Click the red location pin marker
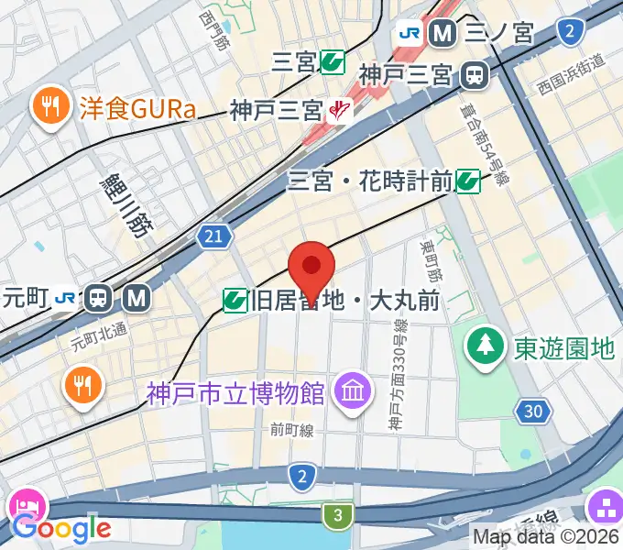click(x=311, y=268)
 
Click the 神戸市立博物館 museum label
click(x=235, y=394)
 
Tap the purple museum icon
click(x=352, y=392)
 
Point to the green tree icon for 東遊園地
click(x=483, y=345)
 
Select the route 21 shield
click(x=213, y=237)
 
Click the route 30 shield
click(x=532, y=412)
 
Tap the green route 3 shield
click(x=338, y=516)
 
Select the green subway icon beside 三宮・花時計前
click(x=468, y=181)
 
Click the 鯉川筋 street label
click(x=126, y=204)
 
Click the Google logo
click(x=61, y=528)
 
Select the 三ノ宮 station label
click(x=498, y=34)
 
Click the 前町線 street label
click(x=292, y=429)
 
